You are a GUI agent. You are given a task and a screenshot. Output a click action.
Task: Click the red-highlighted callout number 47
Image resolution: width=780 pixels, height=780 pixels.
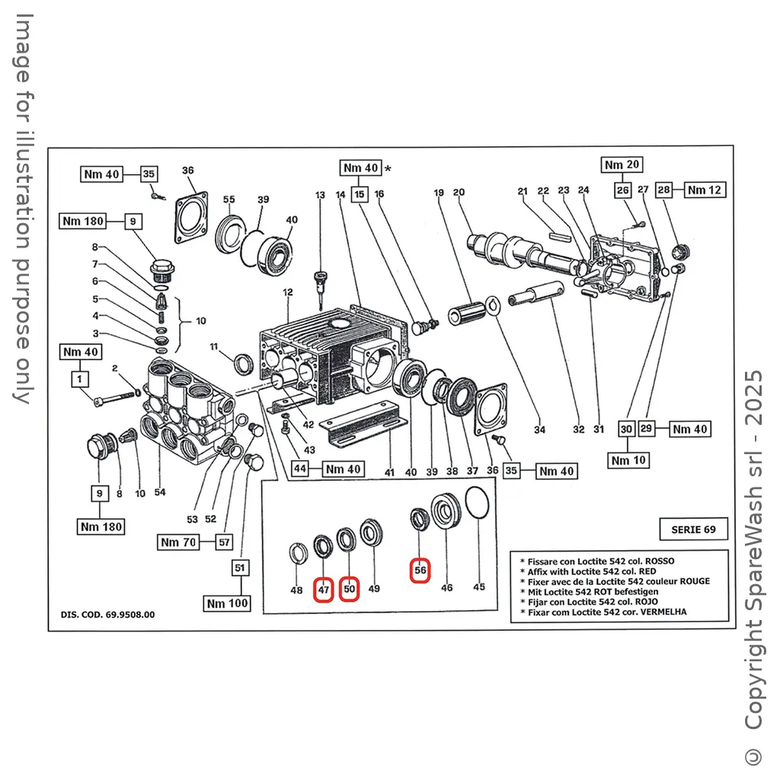click(324, 590)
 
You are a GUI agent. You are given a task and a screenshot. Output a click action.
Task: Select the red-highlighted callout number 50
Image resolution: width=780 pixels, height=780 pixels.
click(349, 590)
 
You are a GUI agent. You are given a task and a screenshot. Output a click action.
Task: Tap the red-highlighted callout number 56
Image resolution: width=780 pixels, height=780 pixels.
click(420, 569)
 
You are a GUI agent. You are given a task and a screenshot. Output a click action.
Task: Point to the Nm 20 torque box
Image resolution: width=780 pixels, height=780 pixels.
click(622, 165)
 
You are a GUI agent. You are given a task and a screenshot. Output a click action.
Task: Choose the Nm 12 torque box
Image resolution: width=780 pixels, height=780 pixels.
click(705, 190)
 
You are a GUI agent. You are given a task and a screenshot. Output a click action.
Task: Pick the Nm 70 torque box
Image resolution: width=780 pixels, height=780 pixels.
click(179, 542)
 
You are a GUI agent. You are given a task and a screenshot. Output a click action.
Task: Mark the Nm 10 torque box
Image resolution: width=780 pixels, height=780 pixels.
click(628, 460)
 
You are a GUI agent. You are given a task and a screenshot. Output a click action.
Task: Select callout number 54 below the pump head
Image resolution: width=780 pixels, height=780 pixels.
click(160, 493)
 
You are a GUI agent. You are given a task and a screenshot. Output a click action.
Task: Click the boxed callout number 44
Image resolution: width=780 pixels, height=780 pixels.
click(301, 468)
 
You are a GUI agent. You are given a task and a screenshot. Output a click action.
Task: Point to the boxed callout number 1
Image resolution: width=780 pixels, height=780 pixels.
click(81, 378)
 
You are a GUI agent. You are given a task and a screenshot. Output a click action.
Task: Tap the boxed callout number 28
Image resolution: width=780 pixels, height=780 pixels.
click(664, 190)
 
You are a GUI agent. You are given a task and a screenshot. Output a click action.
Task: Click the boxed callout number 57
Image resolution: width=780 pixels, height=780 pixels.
click(224, 542)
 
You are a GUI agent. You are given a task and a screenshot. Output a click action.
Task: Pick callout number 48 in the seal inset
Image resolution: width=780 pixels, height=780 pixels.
click(296, 590)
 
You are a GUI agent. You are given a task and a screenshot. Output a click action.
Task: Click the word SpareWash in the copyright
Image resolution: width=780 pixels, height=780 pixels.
click(753, 563)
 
